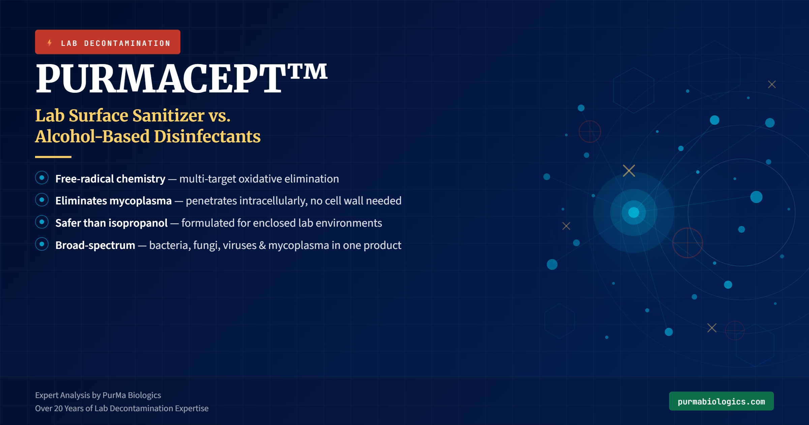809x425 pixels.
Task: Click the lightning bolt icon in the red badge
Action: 50,43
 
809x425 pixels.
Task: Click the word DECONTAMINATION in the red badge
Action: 127,43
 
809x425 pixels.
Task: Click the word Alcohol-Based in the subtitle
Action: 92,137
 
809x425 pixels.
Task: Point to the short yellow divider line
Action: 53,157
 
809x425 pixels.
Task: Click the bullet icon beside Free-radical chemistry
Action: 42,178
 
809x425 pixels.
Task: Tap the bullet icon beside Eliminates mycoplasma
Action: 42,200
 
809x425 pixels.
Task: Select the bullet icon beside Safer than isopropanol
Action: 42,222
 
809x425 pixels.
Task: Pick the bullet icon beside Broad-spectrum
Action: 42,244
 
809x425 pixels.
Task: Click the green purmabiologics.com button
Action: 721,401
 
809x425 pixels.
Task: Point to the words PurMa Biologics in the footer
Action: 131,395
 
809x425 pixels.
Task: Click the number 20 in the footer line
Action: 58,408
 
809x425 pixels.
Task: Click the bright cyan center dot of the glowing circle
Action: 634,213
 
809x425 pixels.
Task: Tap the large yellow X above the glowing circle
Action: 629,171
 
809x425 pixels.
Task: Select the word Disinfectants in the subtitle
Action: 207,137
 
